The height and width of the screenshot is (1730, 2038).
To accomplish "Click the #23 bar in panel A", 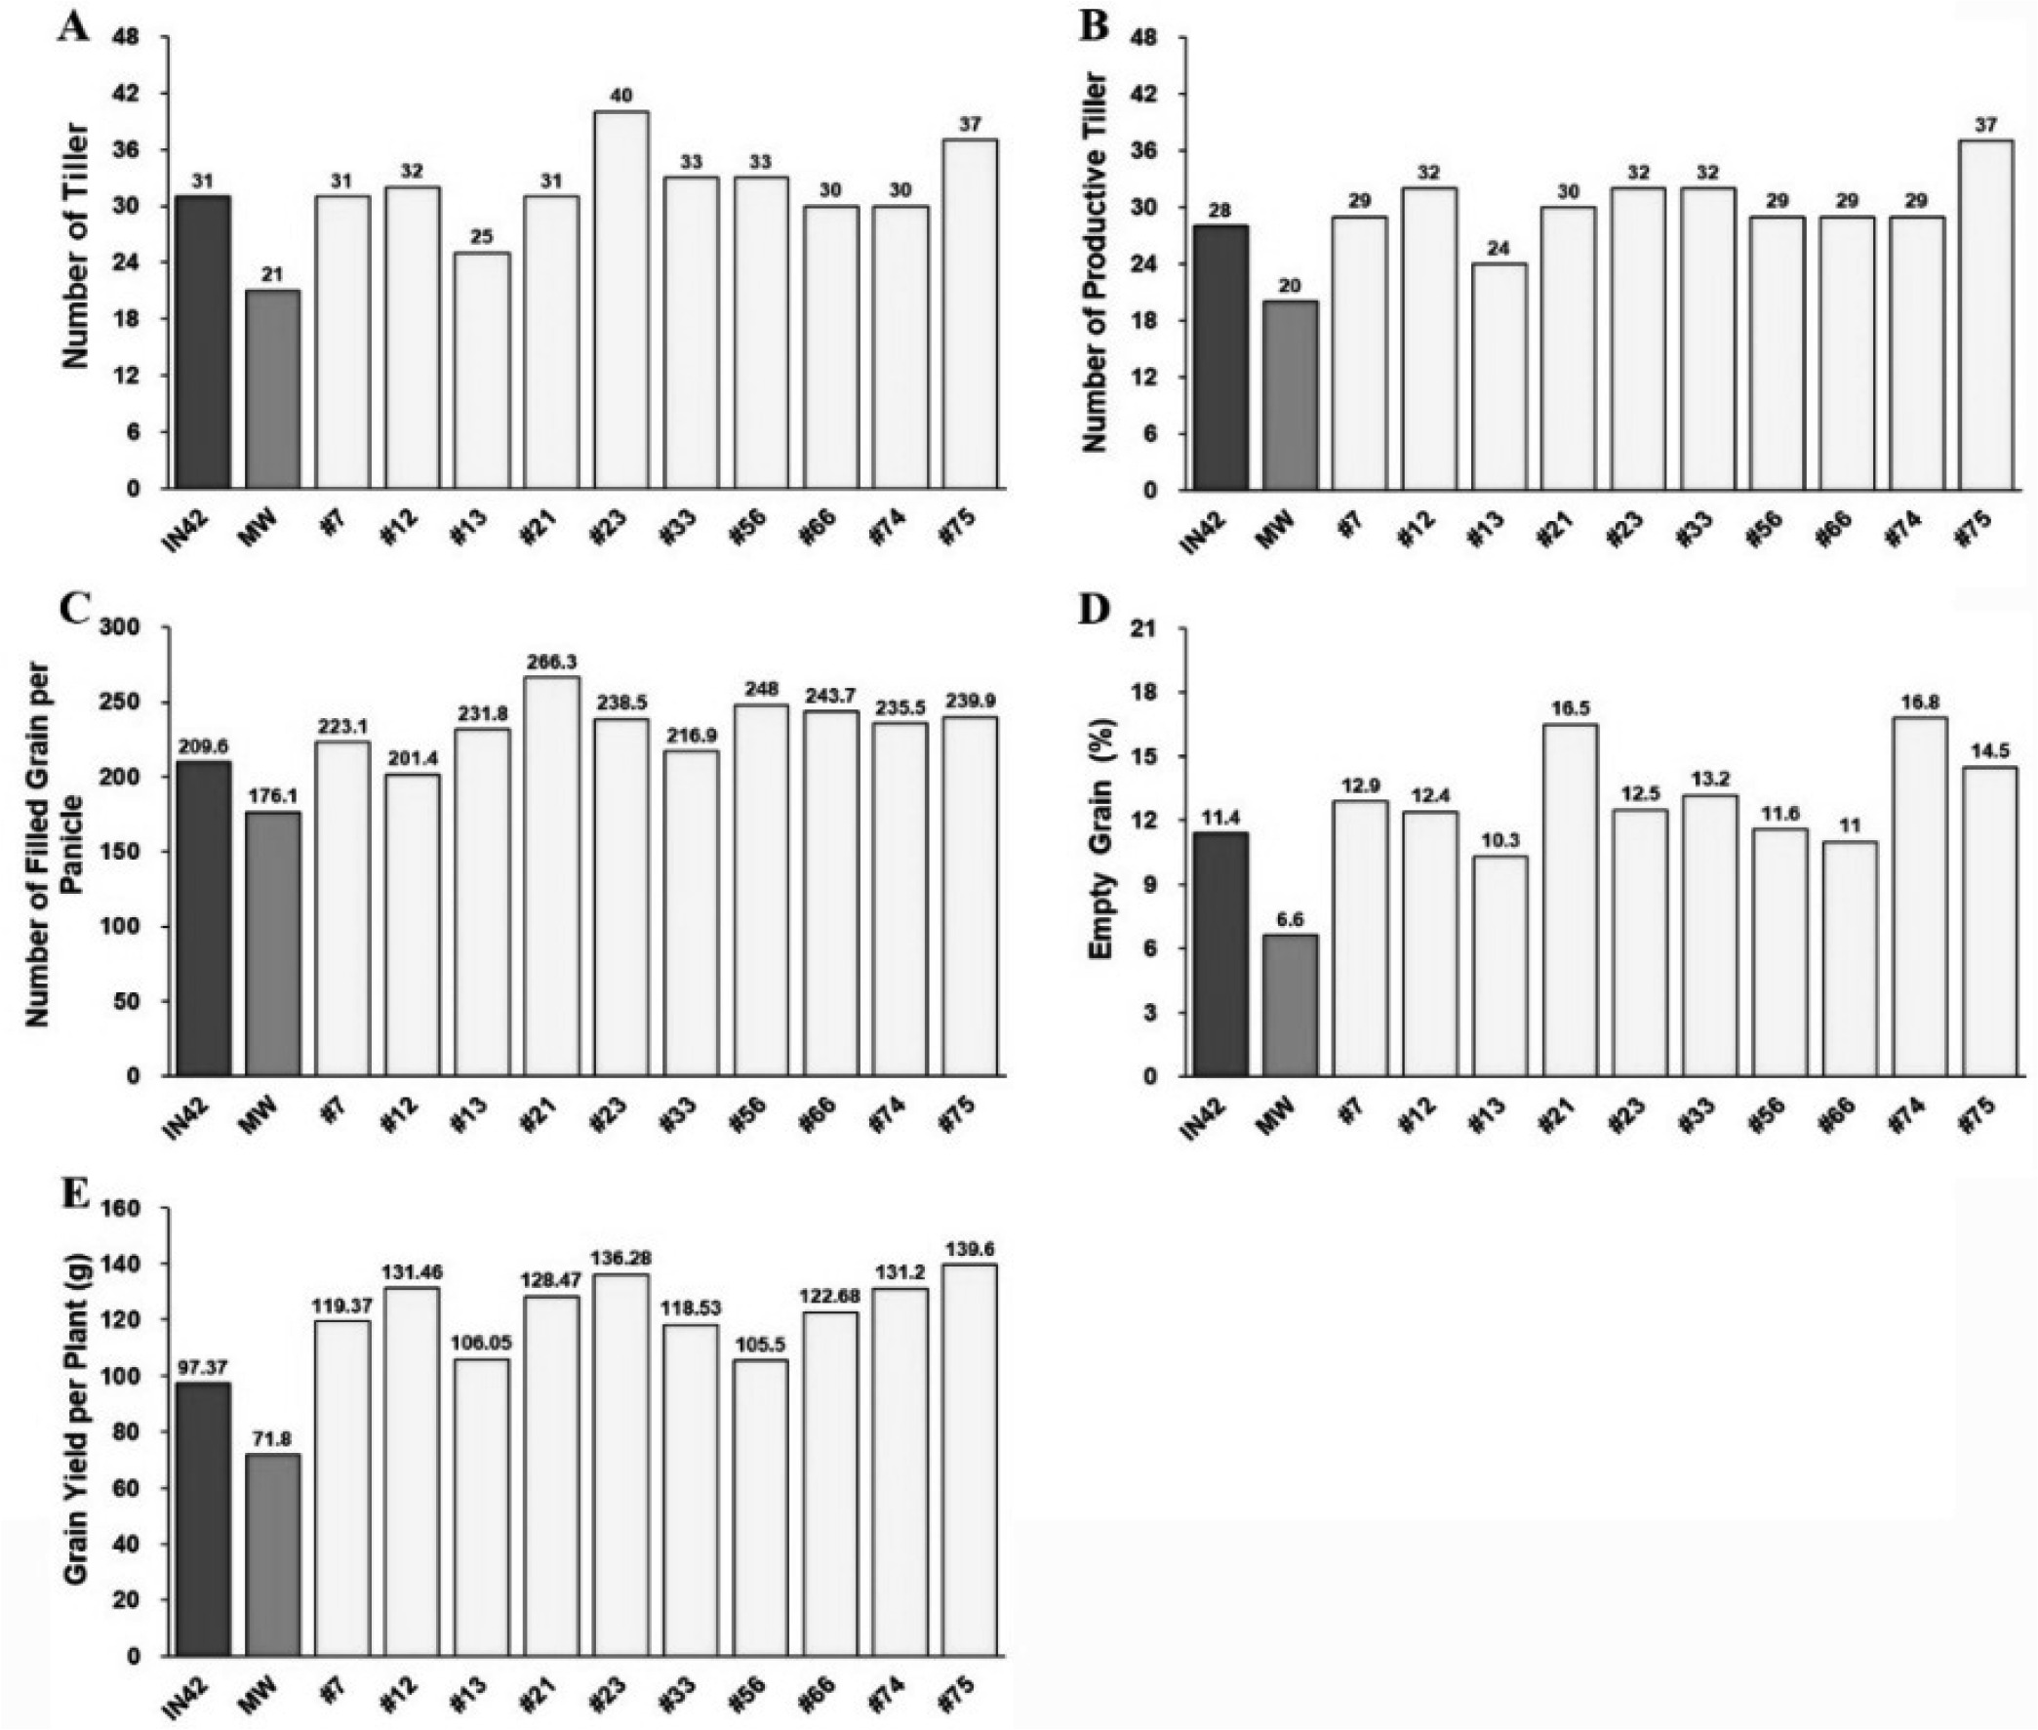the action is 620,300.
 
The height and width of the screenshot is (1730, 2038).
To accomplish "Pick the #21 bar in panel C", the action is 551,876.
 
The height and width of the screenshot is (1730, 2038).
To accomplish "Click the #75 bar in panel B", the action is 1986,315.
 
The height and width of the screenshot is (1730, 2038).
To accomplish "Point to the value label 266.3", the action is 551,662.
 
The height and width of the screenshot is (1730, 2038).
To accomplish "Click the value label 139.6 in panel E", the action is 969,1248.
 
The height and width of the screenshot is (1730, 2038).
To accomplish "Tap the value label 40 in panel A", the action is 620,95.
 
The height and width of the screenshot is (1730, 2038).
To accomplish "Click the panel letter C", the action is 73,609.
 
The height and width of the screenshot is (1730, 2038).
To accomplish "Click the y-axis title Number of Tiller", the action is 75,246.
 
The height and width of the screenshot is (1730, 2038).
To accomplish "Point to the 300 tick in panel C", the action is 137,627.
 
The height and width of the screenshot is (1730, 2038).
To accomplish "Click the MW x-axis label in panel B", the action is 1279,530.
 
